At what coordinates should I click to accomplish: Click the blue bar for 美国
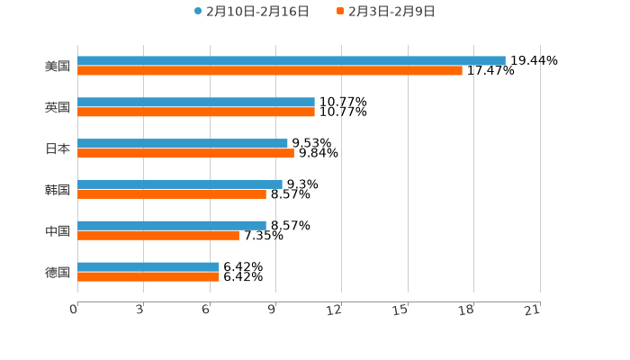click(292, 61)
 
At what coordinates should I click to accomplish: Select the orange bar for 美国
click(270, 71)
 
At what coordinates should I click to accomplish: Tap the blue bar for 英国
click(196, 103)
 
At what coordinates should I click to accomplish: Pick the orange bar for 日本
click(185, 153)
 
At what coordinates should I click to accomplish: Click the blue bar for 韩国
click(180, 184)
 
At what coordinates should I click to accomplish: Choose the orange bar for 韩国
click(172, 194)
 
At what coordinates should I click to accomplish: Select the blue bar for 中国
click(172, 226)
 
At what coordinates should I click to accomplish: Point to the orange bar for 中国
click(158, 236)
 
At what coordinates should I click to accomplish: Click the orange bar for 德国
click(148, 277)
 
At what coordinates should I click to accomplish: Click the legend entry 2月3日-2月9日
click(391, 12)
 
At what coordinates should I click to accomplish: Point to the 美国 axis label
click(58, 67)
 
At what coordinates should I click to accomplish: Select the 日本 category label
click(58, 148)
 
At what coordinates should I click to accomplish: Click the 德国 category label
click(58, 272)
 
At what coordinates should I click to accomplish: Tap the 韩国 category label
click(58, 190)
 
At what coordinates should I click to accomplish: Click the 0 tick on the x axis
click(74, 310)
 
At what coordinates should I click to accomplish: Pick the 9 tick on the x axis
click(272, 310)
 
